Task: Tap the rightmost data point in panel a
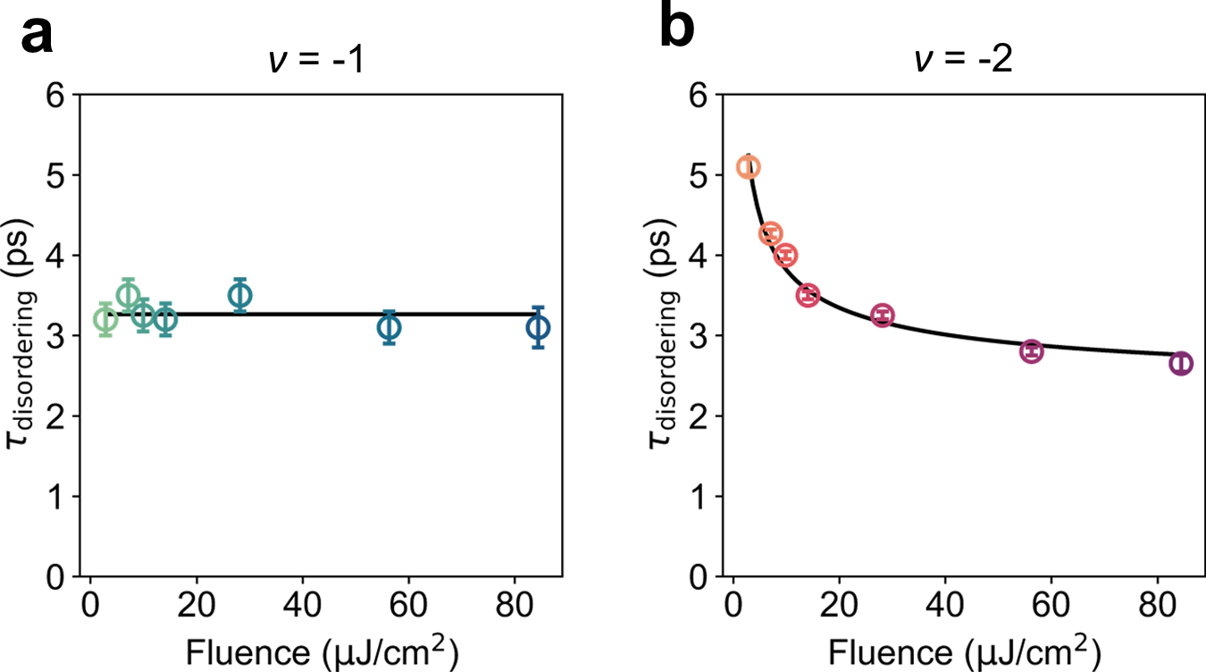[538, 328]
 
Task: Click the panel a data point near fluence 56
[389, 328]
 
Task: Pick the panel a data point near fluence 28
[239, 295]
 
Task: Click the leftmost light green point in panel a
[105, 320]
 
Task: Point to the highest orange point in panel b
[749, 167]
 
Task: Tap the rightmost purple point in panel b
[1181, 363]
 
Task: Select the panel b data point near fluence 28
[883, 315]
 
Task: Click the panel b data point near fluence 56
[1032, 351]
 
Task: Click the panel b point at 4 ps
[786, 256]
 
